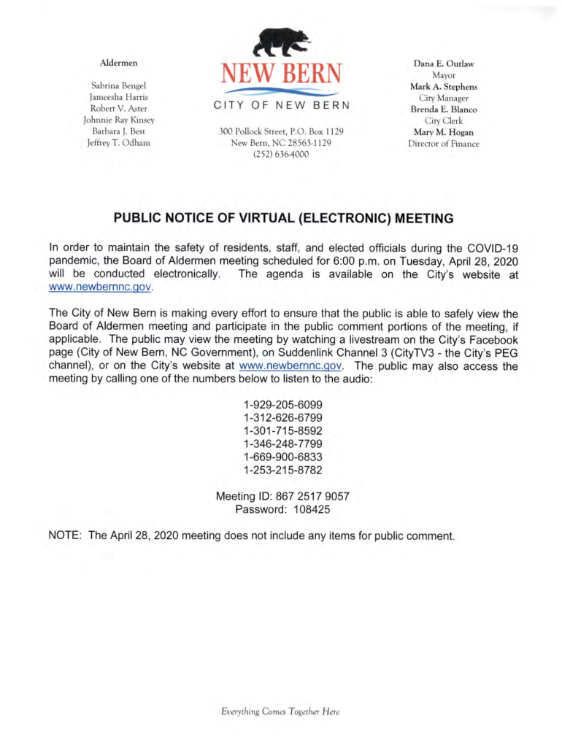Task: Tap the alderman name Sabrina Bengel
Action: click(x=118, y=85)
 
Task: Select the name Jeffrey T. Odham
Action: click(x=118, y=143)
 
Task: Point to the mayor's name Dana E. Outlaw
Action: click(x=444, y=63)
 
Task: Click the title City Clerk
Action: click(x=444, y=120)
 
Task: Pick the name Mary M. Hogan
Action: click(x=444, y=132)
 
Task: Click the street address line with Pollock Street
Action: click(x=281, y=132)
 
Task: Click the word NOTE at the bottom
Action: click(x=64, y=535)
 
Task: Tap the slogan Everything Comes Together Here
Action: click(x=281, y=712)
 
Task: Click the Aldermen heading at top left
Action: click(x=118, y=63)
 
